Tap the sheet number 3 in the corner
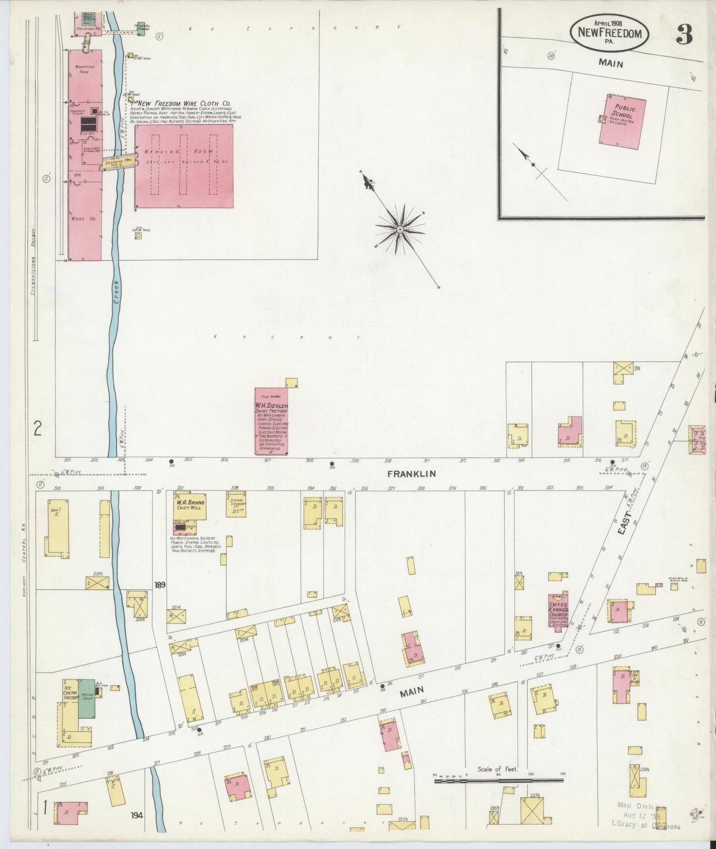684,35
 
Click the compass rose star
400,230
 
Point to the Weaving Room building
184,166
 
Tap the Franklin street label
411,474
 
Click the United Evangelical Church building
557,612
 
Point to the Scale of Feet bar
498,781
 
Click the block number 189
160,585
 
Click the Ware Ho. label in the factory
83,219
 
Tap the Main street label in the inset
610,63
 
